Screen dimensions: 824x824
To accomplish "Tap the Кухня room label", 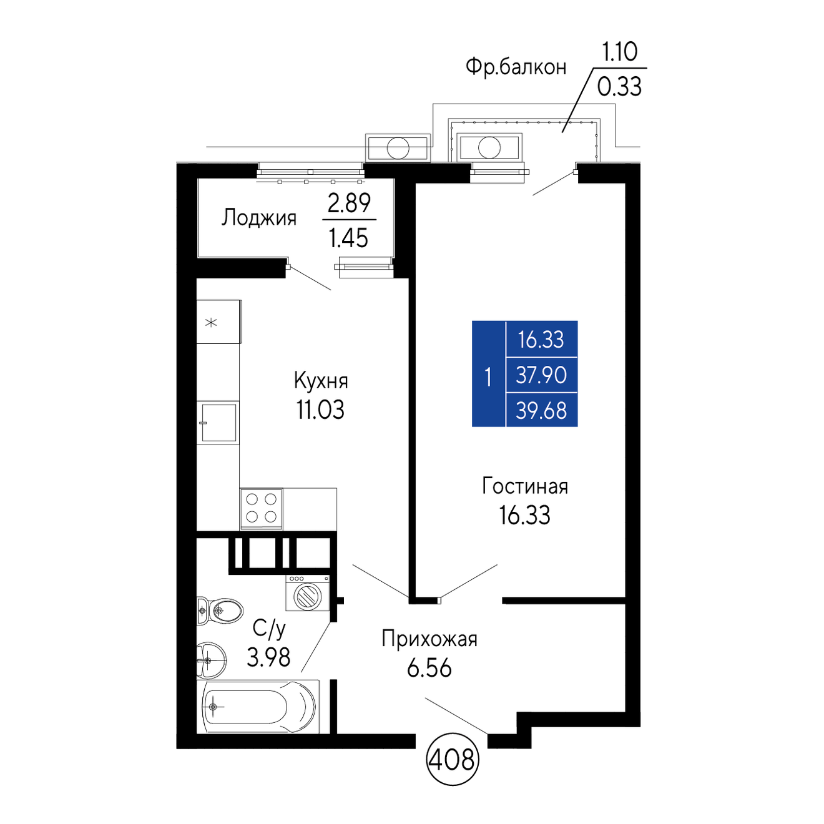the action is [x=321, y=381].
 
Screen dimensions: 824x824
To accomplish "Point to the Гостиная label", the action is [x=524, y=486].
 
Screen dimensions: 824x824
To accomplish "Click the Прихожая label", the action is [x=429, y=639].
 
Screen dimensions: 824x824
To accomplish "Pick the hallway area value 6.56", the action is [x=429, y=668].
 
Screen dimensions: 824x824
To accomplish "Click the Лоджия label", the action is [x=258, y=218].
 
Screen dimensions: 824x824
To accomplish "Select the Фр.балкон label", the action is [x=516, y=67].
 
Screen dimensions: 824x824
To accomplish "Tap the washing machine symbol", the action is [x=308, y=592].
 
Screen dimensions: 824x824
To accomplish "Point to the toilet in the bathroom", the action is [x=220, y=611].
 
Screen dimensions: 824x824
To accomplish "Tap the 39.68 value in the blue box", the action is [x=541, y=411].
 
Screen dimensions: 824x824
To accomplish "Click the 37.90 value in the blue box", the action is [x=541, y=375].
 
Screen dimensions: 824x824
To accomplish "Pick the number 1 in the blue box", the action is [x=488, y=378].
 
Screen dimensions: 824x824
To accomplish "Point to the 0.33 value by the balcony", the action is [x=619, y=87].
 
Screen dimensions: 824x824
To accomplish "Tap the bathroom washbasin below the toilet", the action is [x=211, y=660].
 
